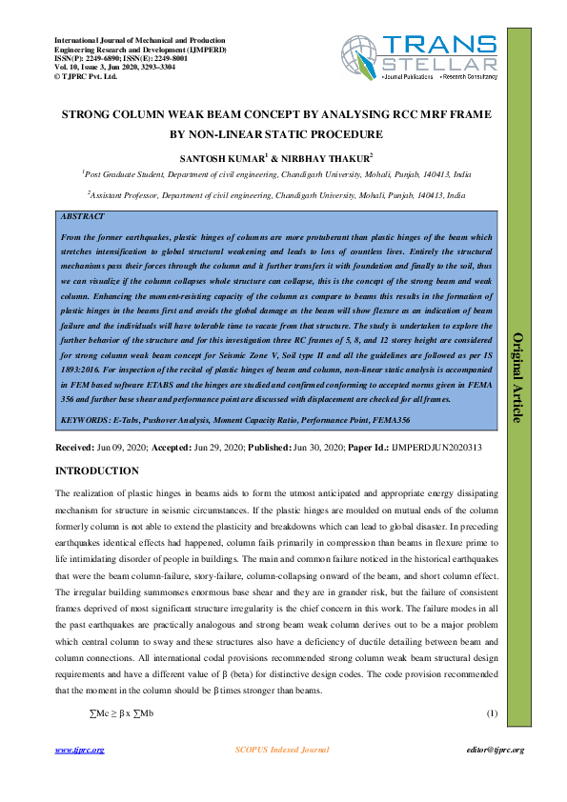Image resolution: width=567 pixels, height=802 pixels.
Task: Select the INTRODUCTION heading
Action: click(97, 471)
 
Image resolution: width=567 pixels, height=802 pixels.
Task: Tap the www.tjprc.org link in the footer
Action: click(79, 751)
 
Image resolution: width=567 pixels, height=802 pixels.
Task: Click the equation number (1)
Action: click(492, 714)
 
